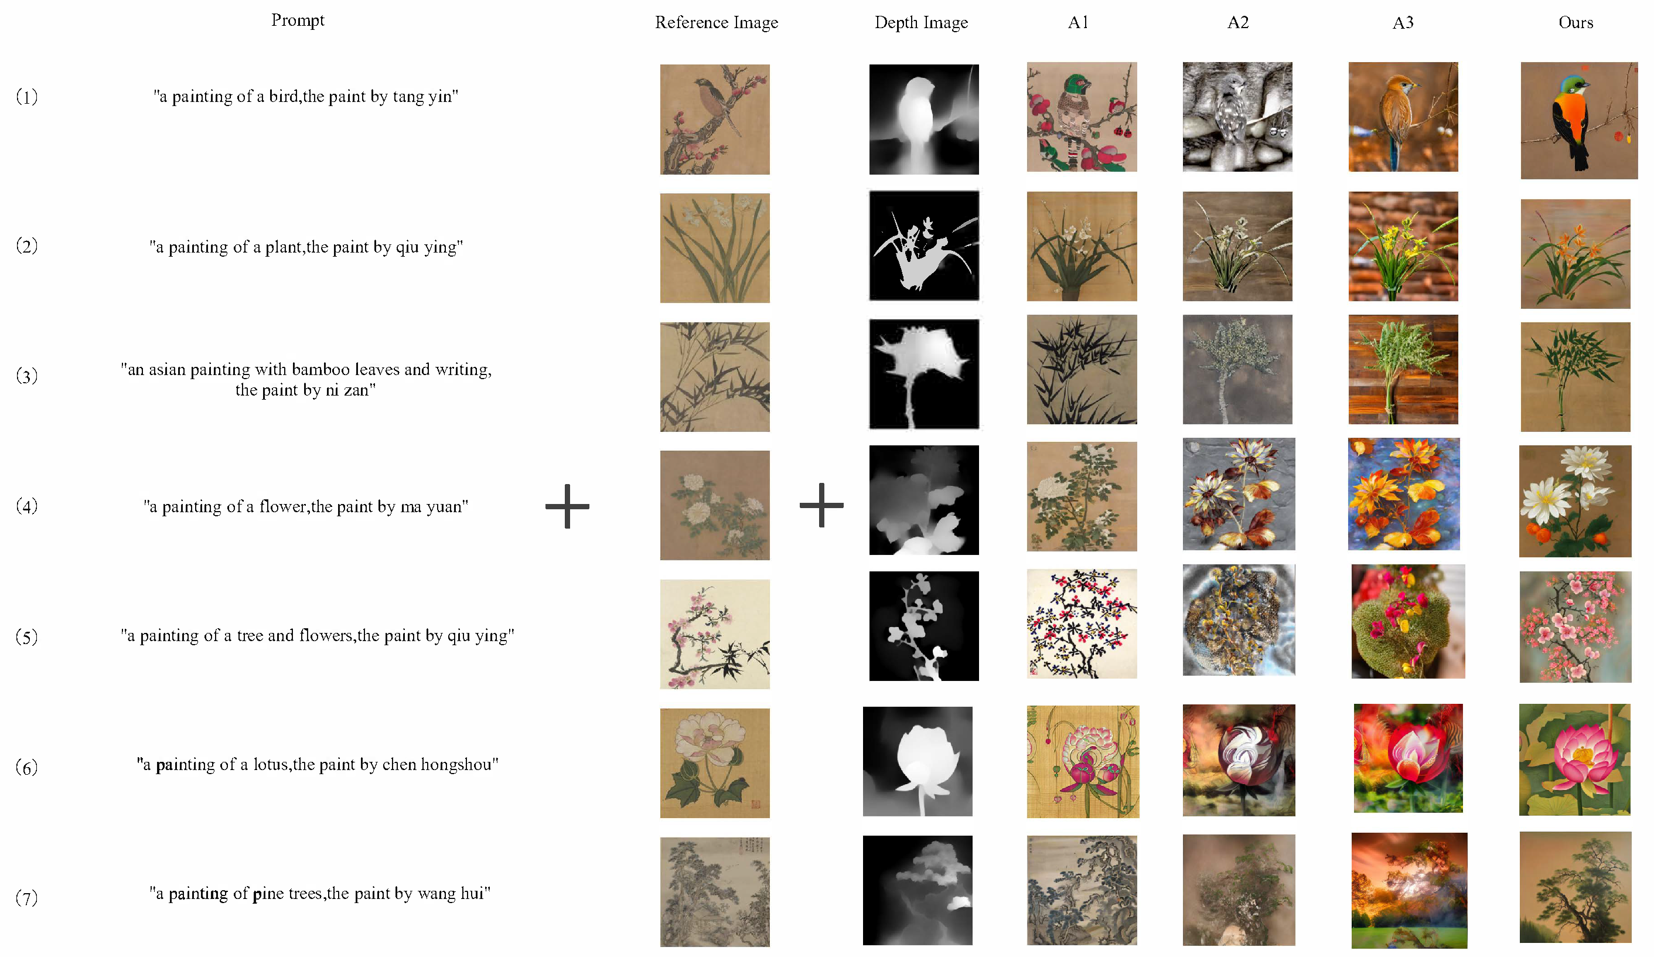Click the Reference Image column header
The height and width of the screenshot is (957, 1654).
click(716, 22)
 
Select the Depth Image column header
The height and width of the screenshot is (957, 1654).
click(921, 22)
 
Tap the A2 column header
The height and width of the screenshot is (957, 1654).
click(1238, 22)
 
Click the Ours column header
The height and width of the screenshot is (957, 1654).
click(1575, 22)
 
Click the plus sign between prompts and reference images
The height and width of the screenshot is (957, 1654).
click(567, 506)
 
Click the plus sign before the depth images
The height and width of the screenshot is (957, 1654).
click(821, 505)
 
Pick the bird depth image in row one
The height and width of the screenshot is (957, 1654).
click(923, 120)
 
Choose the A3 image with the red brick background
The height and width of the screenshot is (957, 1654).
click(1403, 246)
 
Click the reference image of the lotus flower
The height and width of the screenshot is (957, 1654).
click(715, 762)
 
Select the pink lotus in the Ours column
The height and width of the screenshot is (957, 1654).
click(1574, 760)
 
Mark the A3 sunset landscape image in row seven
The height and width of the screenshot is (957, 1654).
click(1409, 890)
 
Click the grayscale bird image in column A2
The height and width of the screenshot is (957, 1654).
click(1237, 117)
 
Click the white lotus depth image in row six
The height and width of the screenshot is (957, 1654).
click(918, 761)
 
